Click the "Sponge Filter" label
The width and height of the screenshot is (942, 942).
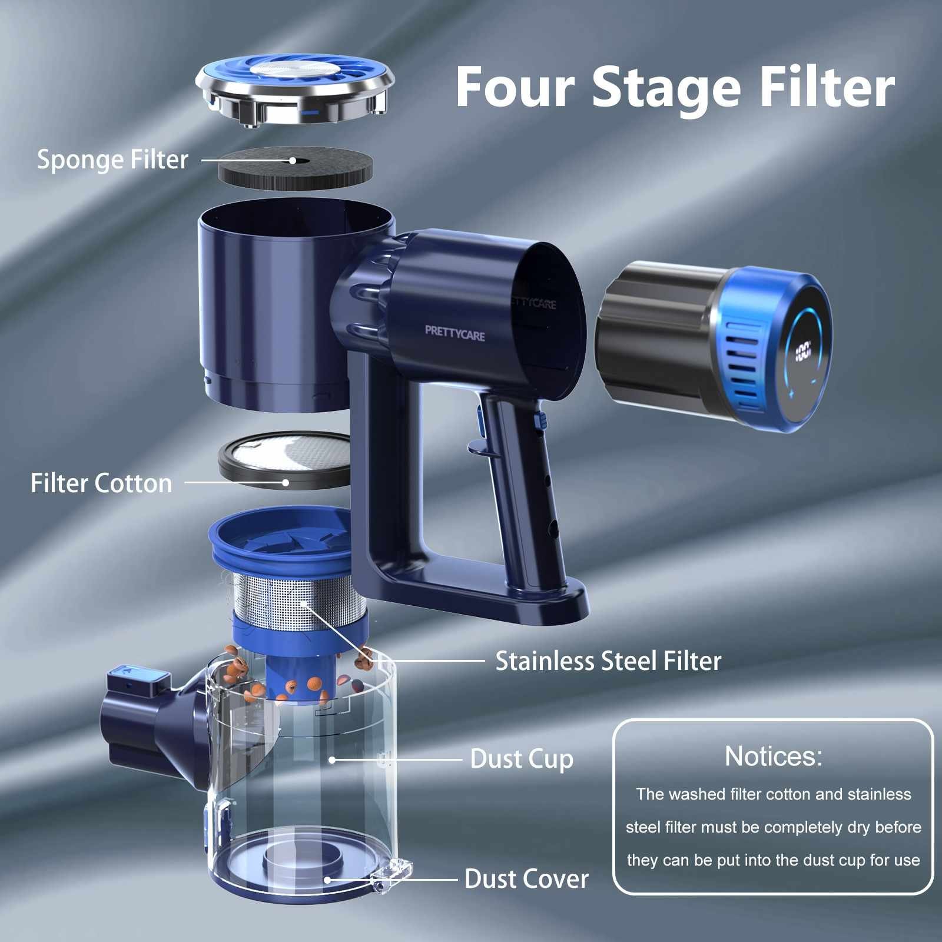pos(112,160)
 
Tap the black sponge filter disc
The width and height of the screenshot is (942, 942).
pos(295,168)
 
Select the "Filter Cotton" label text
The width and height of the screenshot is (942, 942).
pos(101,483)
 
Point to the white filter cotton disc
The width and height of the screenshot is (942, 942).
pos(286,460)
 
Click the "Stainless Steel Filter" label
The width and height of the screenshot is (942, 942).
pos(608,661)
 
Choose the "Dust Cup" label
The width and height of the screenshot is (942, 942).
pos(522,759)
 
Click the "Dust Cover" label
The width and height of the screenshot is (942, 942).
pos(526,879)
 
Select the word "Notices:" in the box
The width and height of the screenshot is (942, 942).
pos(773,756)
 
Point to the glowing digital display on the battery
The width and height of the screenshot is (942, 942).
pos(803,353)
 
